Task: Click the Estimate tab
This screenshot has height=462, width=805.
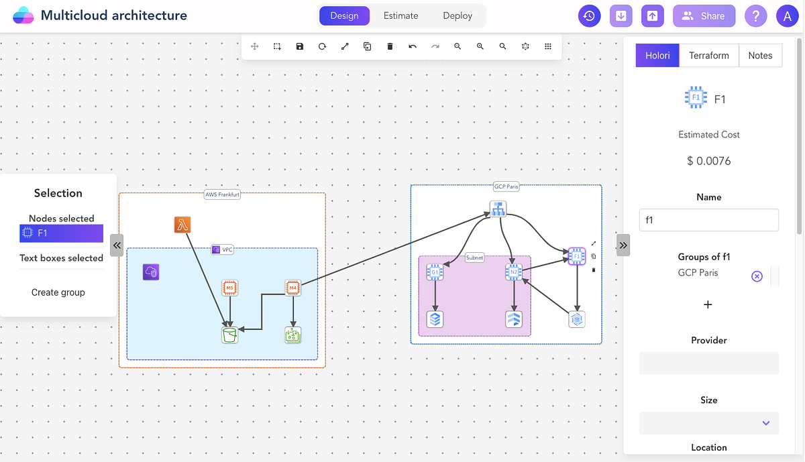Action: coord(400,16)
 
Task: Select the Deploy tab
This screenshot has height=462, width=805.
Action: coord(458,16)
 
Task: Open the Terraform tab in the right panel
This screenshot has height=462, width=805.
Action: coord(708,56)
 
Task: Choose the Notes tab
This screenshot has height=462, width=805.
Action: coord(760,56)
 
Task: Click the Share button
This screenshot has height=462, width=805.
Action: coord(704,16)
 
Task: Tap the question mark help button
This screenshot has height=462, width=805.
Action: coord(755,16)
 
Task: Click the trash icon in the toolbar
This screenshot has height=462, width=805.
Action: coord(390,46)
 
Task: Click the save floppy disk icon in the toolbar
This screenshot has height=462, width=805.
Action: coord(300,46)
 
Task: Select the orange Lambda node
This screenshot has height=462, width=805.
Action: coord(182,225)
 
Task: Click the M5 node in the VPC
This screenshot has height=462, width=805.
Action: coord(230,288)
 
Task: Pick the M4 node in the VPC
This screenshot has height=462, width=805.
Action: coord(292,288)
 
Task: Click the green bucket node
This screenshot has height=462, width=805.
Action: coord(230,335)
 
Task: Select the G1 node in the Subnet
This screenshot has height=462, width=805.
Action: coord(435,272)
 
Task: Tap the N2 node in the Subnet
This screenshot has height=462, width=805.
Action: coord(514,272)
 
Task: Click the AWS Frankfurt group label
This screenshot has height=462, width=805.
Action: coord(222,195)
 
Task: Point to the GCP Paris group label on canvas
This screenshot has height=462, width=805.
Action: coord(506,187)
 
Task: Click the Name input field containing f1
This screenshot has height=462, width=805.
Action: coord(708,220)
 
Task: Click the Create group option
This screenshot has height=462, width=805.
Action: coord(58,292)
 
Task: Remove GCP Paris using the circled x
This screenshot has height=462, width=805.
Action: coord(757,276)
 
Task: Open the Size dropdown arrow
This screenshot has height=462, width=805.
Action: coord(765,423)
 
